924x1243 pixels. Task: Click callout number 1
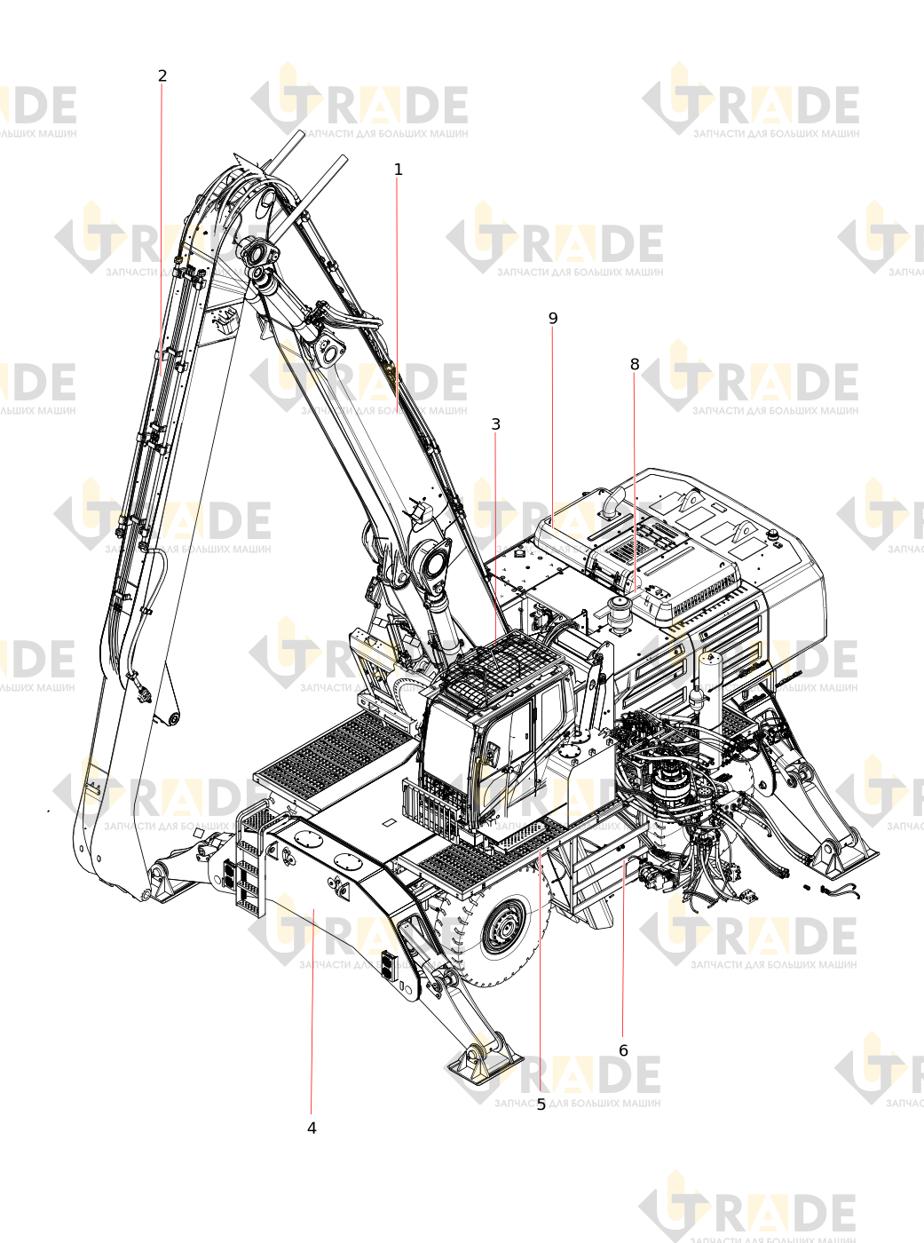(x=398, y=170)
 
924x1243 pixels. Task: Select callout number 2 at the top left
(x=162, y=75)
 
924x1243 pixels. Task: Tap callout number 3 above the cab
(x=496, y=424)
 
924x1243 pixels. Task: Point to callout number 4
(x=312, y=1128)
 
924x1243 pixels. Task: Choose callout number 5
(x=541, y=1104)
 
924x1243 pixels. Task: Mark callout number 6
(x=623, y=1050)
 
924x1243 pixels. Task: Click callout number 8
(x=635, y=364)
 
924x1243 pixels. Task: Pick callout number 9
(x=553, y=319)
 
